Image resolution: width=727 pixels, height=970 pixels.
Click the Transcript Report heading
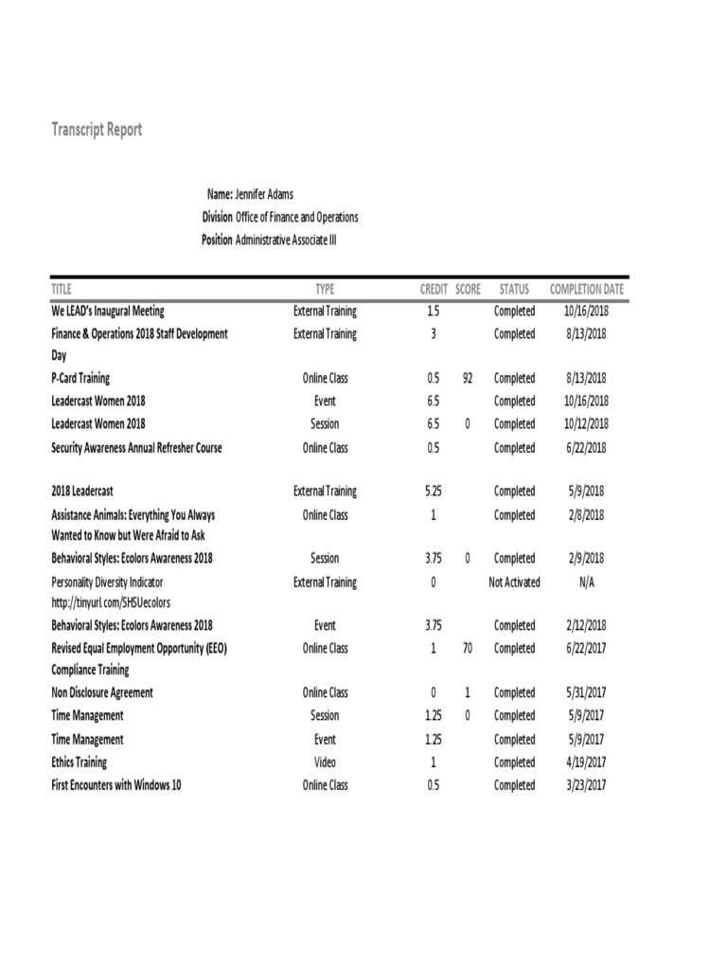coord(97,130)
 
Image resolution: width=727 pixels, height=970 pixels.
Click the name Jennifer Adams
coord(264,194)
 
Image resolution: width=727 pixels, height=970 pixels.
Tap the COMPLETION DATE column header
coord(586,289)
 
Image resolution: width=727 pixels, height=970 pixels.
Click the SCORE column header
coord(468,289)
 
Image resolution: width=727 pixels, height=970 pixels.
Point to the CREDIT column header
coord(434,289)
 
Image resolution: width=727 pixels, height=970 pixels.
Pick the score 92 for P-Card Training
coord(468,378)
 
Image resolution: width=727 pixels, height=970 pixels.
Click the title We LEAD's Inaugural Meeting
coord(107,311)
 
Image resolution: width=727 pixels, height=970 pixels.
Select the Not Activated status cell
coord(514,582)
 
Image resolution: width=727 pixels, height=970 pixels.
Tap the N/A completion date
coord(586,582)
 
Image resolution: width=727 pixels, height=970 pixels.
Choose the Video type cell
coord(325,763)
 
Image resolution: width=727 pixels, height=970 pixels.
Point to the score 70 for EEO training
coord(468,649)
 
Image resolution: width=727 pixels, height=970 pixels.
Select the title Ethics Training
coord(79,763)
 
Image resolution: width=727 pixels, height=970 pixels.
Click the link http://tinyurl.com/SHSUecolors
coord(111,602)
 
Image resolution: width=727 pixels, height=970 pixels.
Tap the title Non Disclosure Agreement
coord(101,692)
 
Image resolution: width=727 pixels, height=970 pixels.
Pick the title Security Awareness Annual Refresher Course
coord(136,448)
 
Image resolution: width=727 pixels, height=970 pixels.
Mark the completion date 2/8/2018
coord(586,515)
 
